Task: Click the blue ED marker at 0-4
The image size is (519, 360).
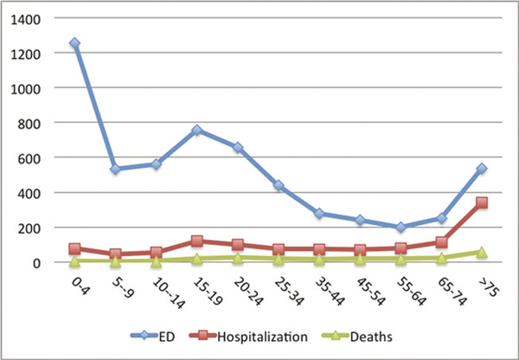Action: click(75, 43)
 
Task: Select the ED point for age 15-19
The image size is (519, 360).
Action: click(197, 131)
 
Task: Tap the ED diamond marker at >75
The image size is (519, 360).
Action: click(482, 169)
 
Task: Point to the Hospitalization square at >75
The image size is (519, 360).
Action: click(482, 203)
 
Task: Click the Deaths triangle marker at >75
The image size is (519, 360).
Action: click(482, 253)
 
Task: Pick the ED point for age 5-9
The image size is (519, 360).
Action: click(116, 169)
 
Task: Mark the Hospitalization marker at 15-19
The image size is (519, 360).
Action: click(197, 241)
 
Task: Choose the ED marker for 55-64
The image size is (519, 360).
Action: click(400, 227)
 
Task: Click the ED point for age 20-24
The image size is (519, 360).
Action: click(238, 148)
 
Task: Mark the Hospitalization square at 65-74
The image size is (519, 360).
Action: click(441, 243)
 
